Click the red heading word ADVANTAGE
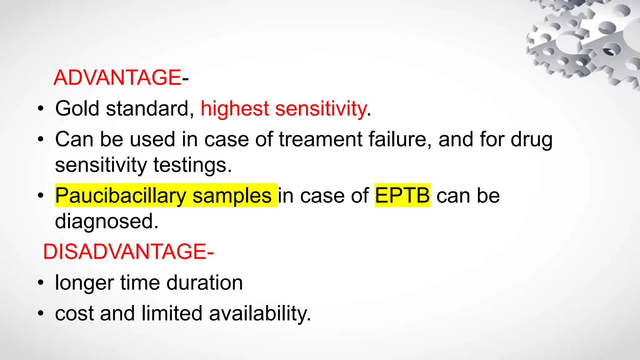pyautogui.click(x=117, y=77)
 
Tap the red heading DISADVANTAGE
pyautogui.click(x=124, y=252)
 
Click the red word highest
pyautogui.click(x=235, y=108)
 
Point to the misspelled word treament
pyautogui.click(x=320, y=139)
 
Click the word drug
pyautogui.click(x=532, y=140)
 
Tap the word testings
pyautogui.click(x=192, y=165)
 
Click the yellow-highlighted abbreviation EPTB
pyautogui.click(x=402, y=196)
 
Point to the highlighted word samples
pyautogui.click(x=232, y=196)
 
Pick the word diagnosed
pyautogui.click(x=107, y=221)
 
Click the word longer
pyautogui.click(x=84, y=283)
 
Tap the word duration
pyautogui.click(x=204, y=282)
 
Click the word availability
pyautogui.click(x=260, y=313)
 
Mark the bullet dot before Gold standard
pyautogui.click(x=40, y=109)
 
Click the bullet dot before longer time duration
pyautogui.click(x=40, y=283)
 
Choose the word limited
pyautogui.click(x=172, y=313)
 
